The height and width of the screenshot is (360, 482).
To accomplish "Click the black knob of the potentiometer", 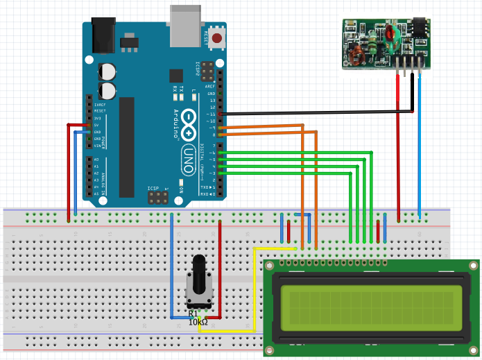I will coord(198,277).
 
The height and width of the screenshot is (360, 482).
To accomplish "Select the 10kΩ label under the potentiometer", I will coord(198,323).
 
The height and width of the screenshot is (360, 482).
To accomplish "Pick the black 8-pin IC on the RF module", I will coord(420,26).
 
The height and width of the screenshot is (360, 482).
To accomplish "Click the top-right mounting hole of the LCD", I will coord(472,266).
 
